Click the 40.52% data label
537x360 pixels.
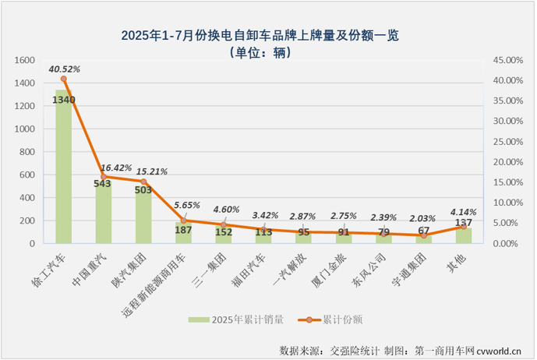[x=64, y=69]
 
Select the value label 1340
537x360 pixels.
[x=64, y=100]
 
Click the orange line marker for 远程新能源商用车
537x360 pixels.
[x=183, y=221]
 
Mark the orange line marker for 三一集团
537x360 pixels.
[x=224, y=225]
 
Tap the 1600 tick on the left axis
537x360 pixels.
[x=23, y=60]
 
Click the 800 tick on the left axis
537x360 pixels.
[x=26, y=152]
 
